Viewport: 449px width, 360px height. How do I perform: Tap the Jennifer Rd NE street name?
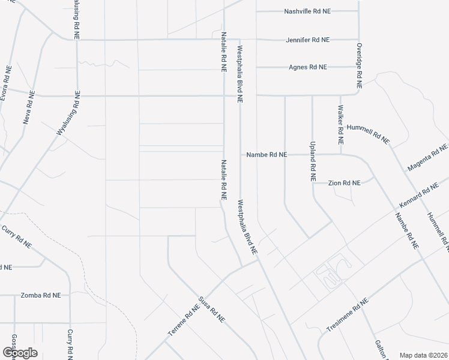[x=309, y=40]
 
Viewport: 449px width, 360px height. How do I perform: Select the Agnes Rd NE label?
[x=308, y=67]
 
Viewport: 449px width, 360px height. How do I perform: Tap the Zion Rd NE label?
[x=344, y=182]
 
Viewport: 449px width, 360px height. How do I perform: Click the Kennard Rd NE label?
[x=419, y=196]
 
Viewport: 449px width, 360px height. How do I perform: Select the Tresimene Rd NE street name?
[x=347, y=314]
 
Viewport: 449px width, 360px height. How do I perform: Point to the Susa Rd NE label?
[x=211, y=310]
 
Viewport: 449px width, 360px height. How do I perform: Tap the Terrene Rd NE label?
[x=183, y=321]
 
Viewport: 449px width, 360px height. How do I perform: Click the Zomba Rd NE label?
[x=41, y=295]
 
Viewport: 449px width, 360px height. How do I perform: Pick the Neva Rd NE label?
[x=28, y=109]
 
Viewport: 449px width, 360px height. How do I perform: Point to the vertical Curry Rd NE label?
[x=71, y=344]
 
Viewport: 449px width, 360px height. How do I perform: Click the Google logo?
[x=20, y=352]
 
